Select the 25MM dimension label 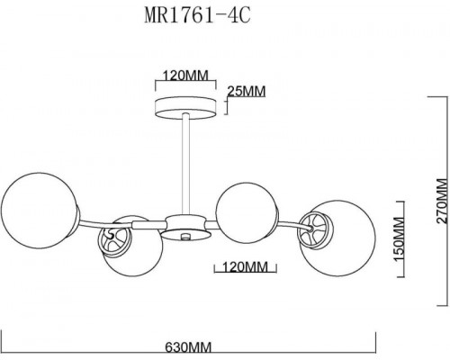click(x=246, y=92)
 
